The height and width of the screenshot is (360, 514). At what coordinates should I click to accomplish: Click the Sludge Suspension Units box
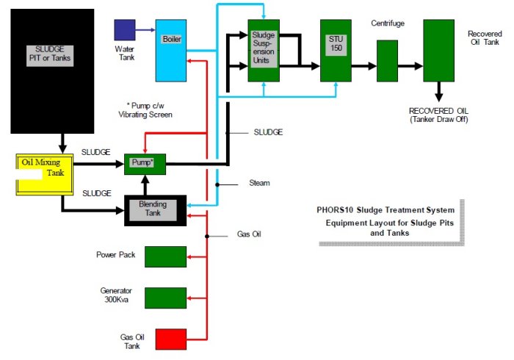point(264,51)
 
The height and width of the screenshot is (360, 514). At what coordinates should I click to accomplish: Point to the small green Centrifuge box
point(387,60)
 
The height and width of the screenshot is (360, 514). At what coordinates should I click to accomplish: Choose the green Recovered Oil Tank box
point(438,50)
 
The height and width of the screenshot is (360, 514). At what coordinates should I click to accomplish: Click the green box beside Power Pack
point(165,256)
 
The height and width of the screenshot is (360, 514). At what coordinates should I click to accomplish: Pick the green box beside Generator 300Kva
point(165,298)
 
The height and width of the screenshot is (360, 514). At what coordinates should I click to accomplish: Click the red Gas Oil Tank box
point(165,339)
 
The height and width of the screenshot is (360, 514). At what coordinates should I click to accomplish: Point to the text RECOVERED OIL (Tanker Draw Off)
point(439,115)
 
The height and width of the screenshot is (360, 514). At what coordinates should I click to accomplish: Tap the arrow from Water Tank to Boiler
point(145,30)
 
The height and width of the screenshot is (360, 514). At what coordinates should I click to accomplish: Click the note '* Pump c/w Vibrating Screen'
point(145,109)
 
